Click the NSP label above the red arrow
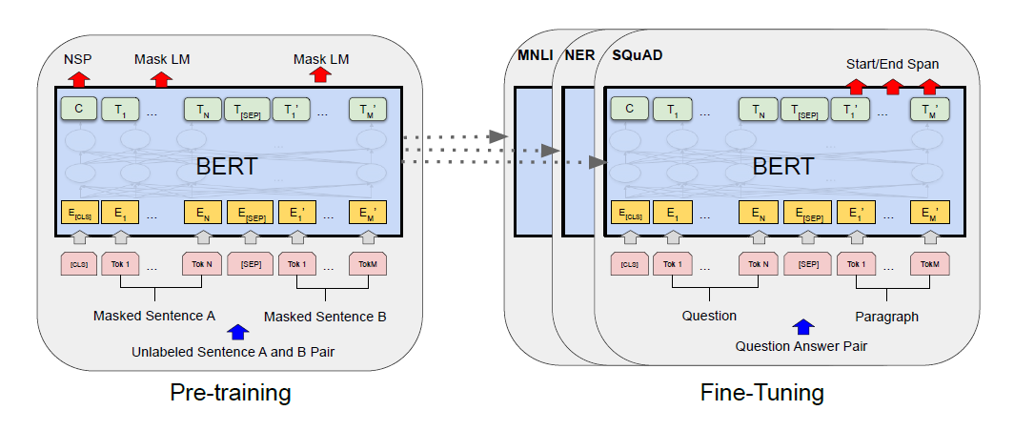pos(77,59)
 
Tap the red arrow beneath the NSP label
pos(78,79)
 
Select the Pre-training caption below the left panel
pos(231,393)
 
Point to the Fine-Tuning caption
pos(761,393)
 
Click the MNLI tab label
pos(535,54)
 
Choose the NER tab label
pos(578,54)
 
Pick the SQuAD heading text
pos(637,54)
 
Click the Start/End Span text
pos(892,64)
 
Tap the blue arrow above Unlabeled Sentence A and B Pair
pos(238,332)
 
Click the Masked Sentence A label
pos(154,317)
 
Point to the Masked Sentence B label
pos(325,318)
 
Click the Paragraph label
pos(886,317)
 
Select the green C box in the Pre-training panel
pos(79,109)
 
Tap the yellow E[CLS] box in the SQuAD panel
pos(629,212)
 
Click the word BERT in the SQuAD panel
pos(782,167)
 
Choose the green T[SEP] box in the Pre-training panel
pos(247,109)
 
